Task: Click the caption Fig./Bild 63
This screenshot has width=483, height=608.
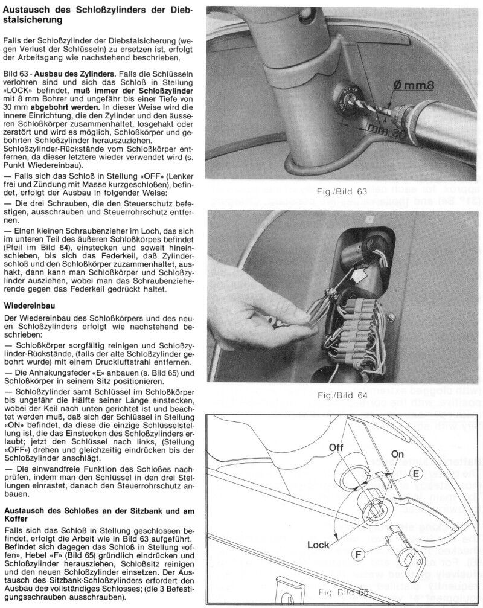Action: (342, 191)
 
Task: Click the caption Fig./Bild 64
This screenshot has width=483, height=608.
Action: (342, 395)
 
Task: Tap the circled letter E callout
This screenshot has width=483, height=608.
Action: (416, 475)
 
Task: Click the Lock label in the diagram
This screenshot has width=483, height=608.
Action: (318, 545)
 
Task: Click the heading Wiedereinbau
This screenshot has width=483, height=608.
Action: (28, 306)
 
